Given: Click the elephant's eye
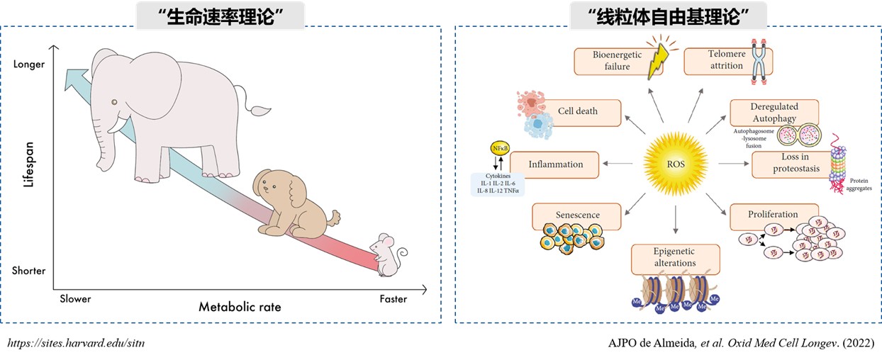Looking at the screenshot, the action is pyautogui.click(x=114, y=102).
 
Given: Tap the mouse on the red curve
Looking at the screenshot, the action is pyautogui.click(x=387, y=255).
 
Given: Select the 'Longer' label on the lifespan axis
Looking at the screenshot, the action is pyautogui.click(x=29, y=64).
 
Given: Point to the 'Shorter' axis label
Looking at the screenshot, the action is pyautogui.click(x=28, y=271).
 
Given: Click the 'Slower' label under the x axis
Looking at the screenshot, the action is pyautogui.click(x=75, y=299).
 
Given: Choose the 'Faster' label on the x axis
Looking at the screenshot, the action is pyautogui.click(x=393, y=299).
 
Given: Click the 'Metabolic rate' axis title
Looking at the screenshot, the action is pyautogui.click(x=240, y=307).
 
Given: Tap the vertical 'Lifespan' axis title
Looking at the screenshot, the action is pyautogui.click(x=28, y=164).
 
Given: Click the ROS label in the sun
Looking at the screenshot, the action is pyautogui.click(x=676, y=164).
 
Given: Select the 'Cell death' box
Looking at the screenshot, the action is pyautogui.click(x=578, y=113).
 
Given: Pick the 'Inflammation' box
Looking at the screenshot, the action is pyautogui.click(x=554, y=165).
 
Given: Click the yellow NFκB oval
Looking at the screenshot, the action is pyautogui.click(x=500, y=148).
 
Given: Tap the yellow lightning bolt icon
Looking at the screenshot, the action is pyautogui.click(x=659, y=62).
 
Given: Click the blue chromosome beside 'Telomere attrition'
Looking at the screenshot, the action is pyautogui.click(x=759, y=62).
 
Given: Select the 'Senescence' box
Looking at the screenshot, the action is pyautogui.click(x=576, y=216).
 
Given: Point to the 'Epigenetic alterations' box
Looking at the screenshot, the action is pyautogui.click(x=675, y=259).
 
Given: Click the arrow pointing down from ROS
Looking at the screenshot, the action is pyautogui.click(x=676, y=220).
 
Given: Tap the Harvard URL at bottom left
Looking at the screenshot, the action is pyautogui.click(x=76, y=343).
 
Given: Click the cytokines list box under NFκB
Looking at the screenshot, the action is pyautogui.click(x=498, y=184).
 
